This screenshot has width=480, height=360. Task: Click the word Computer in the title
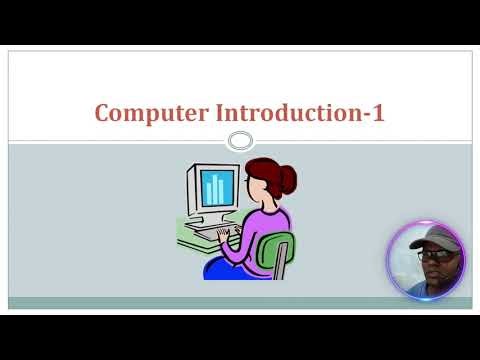tap(151, 113)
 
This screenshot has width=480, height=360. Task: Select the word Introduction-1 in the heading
tap(300, 113)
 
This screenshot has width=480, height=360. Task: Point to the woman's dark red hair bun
tap(288, 179)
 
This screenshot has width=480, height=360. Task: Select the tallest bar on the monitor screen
tap(215, 187)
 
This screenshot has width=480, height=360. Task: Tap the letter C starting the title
tap(102, 113)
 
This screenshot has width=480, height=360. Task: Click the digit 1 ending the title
tap(378, 113)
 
